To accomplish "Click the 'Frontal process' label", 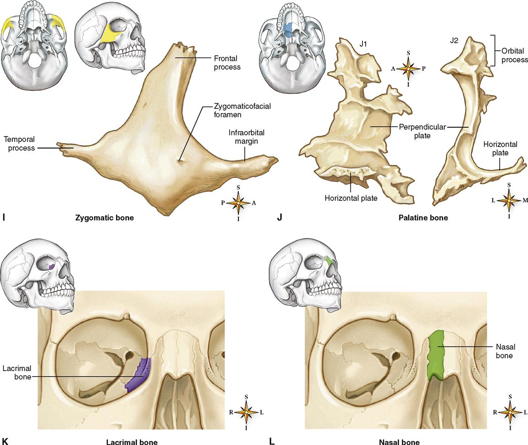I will [227, 63].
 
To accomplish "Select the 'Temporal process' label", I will [19, 143].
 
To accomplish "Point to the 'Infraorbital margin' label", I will [247, 137].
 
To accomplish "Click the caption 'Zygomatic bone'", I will [105, 218].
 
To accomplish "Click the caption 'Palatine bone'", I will [423, 218].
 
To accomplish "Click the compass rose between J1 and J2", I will [408, 69].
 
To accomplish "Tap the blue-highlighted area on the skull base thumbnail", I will [288, 30].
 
